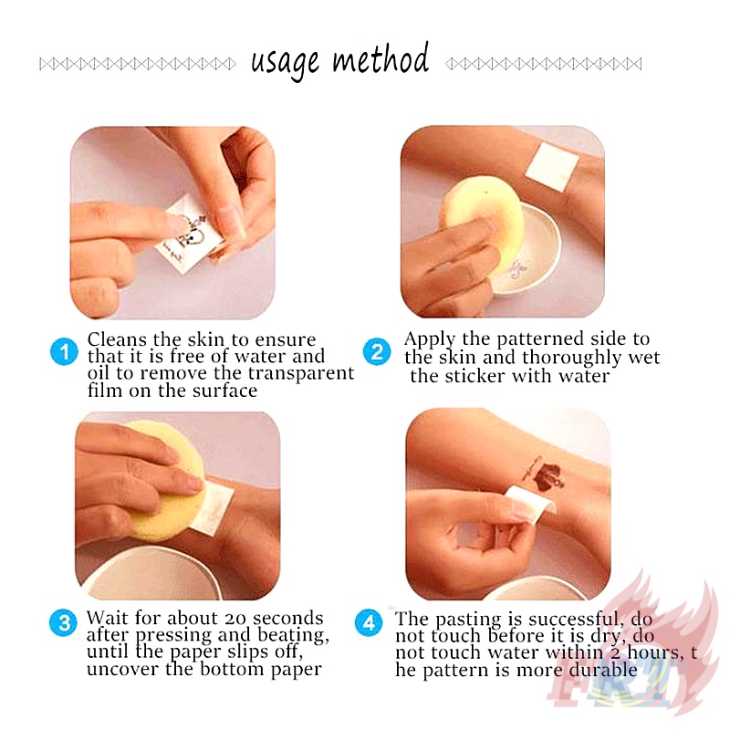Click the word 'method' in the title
381,58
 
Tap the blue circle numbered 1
64,351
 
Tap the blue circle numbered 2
377,351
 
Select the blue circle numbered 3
63,623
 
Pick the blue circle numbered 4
369,623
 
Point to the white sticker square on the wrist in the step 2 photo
552,168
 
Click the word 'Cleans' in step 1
117,339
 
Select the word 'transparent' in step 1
301,373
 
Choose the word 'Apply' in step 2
430,339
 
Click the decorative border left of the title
138,64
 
